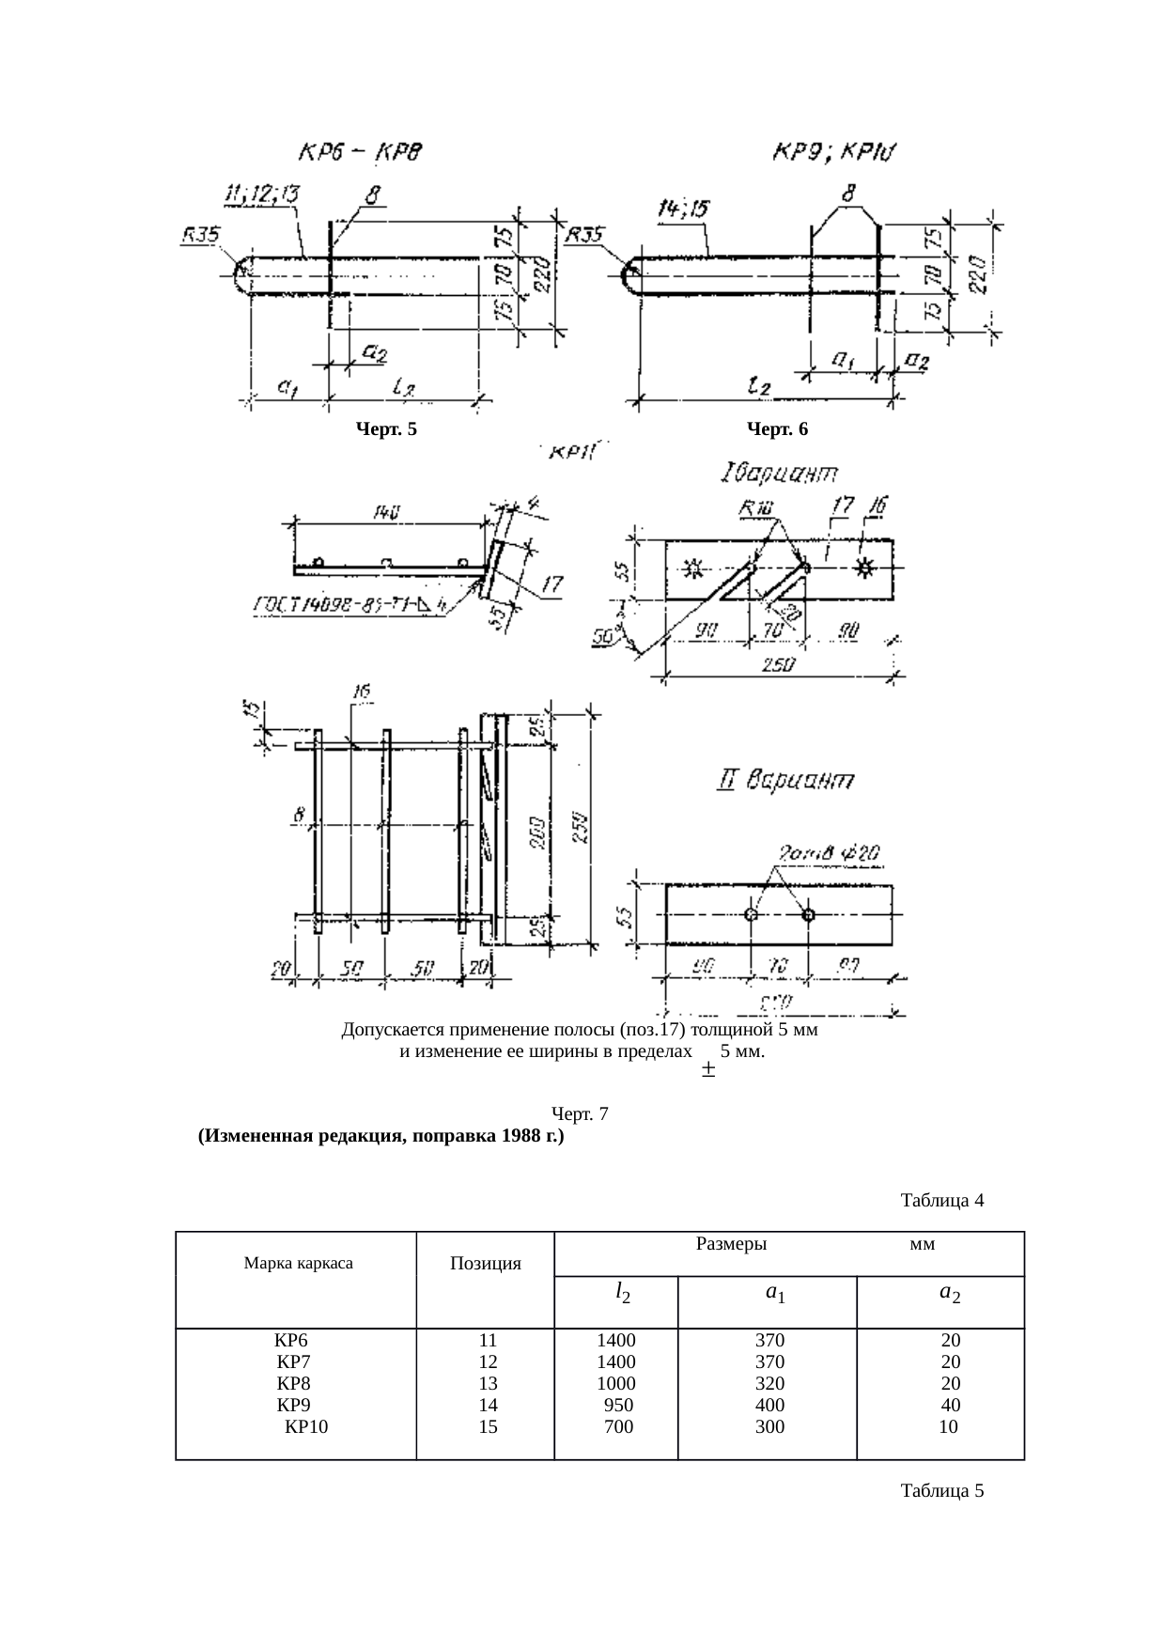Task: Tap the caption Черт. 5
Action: [385, 429]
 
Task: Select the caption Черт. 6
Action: [777, 429]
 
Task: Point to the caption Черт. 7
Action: [580, 1114]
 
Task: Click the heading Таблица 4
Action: [941, 1201]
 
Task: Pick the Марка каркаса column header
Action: [298, 1263]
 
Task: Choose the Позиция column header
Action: [486, 1264]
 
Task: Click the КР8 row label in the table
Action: [293, 1383]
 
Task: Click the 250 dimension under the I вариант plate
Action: [778, 664]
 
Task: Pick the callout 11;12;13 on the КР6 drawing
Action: [260, 195]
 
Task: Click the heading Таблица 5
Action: [941, 1491]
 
